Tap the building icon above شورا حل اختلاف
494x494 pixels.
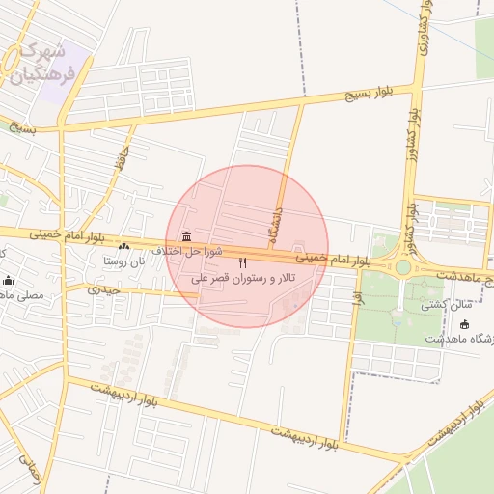pyautogui.click(x=185, y=237)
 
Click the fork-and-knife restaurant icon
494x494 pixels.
pyautogui.click(x=243, y=262)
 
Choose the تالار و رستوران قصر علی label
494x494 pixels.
pyautogui.click(x=243, y=278)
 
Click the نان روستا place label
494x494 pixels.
pyautogui.click(x=123, y=261)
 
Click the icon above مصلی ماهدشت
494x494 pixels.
pyautogui.click(x=9, y=281)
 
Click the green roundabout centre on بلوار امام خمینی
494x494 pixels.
pyautogui.click(x=403, y=266)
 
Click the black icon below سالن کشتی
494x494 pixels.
pyautogui.click(x=464, y=324)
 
